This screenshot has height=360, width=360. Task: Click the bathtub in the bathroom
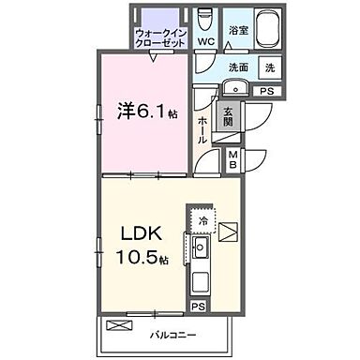[268, 27]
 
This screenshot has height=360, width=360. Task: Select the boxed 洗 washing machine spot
[270, 68]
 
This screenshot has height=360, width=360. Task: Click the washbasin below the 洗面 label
[235, 89]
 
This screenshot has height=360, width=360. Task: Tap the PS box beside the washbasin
[267, 90]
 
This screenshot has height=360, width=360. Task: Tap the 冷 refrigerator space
[202, 221]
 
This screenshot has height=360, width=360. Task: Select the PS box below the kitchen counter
[198, 305]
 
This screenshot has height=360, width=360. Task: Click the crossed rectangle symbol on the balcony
[119, 325]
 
